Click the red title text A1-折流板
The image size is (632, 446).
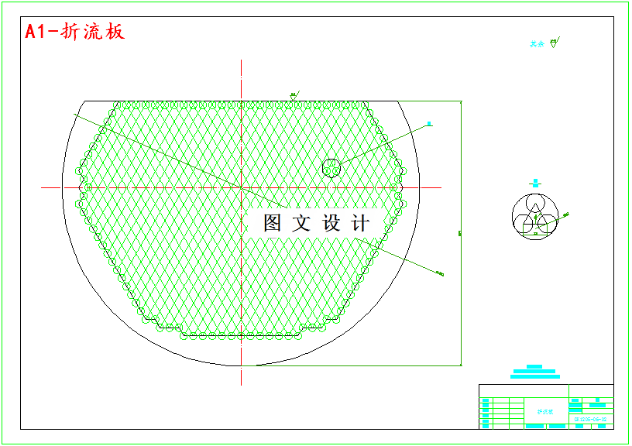coord(74,32)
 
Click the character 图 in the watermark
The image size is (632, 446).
coord(273,223)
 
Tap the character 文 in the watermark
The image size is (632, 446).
coord(301,223)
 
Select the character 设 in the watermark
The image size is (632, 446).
coord(331,223)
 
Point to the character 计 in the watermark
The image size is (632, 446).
coord(360,223)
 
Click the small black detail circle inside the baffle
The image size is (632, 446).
coord(331,167)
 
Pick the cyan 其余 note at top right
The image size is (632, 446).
coord(537,44)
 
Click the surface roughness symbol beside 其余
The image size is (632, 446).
coord(553,43)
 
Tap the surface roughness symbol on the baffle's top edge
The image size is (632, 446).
coord(294,96)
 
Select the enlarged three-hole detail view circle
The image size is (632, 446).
coord(534,217)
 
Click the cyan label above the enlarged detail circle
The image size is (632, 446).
coord(535,184)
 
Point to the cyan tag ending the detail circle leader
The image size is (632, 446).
coord(429,123)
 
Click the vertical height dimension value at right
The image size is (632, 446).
coord(460,232)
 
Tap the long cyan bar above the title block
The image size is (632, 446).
coord(534,376)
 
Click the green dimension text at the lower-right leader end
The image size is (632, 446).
coord(440,273)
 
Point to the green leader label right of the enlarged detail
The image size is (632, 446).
coord(566,214)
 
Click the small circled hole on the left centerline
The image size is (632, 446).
coord(88,187)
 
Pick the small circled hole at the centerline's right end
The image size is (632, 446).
coord(394,187)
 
